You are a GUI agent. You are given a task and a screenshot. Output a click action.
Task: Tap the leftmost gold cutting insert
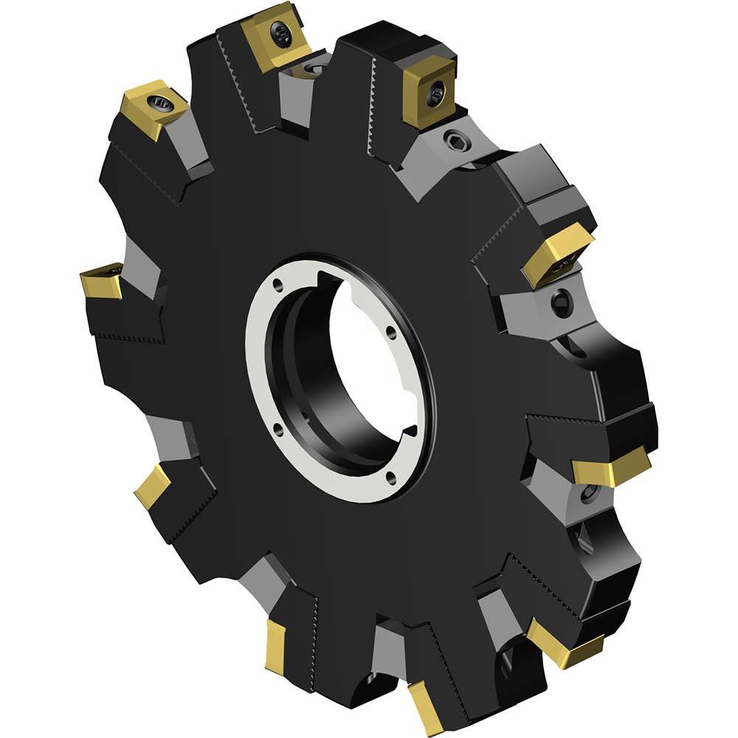(x=103, y=280)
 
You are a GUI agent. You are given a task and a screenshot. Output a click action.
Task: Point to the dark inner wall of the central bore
(x=295, y=369)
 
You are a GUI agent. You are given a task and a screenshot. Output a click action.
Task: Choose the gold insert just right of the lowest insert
(x=565, y=644)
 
